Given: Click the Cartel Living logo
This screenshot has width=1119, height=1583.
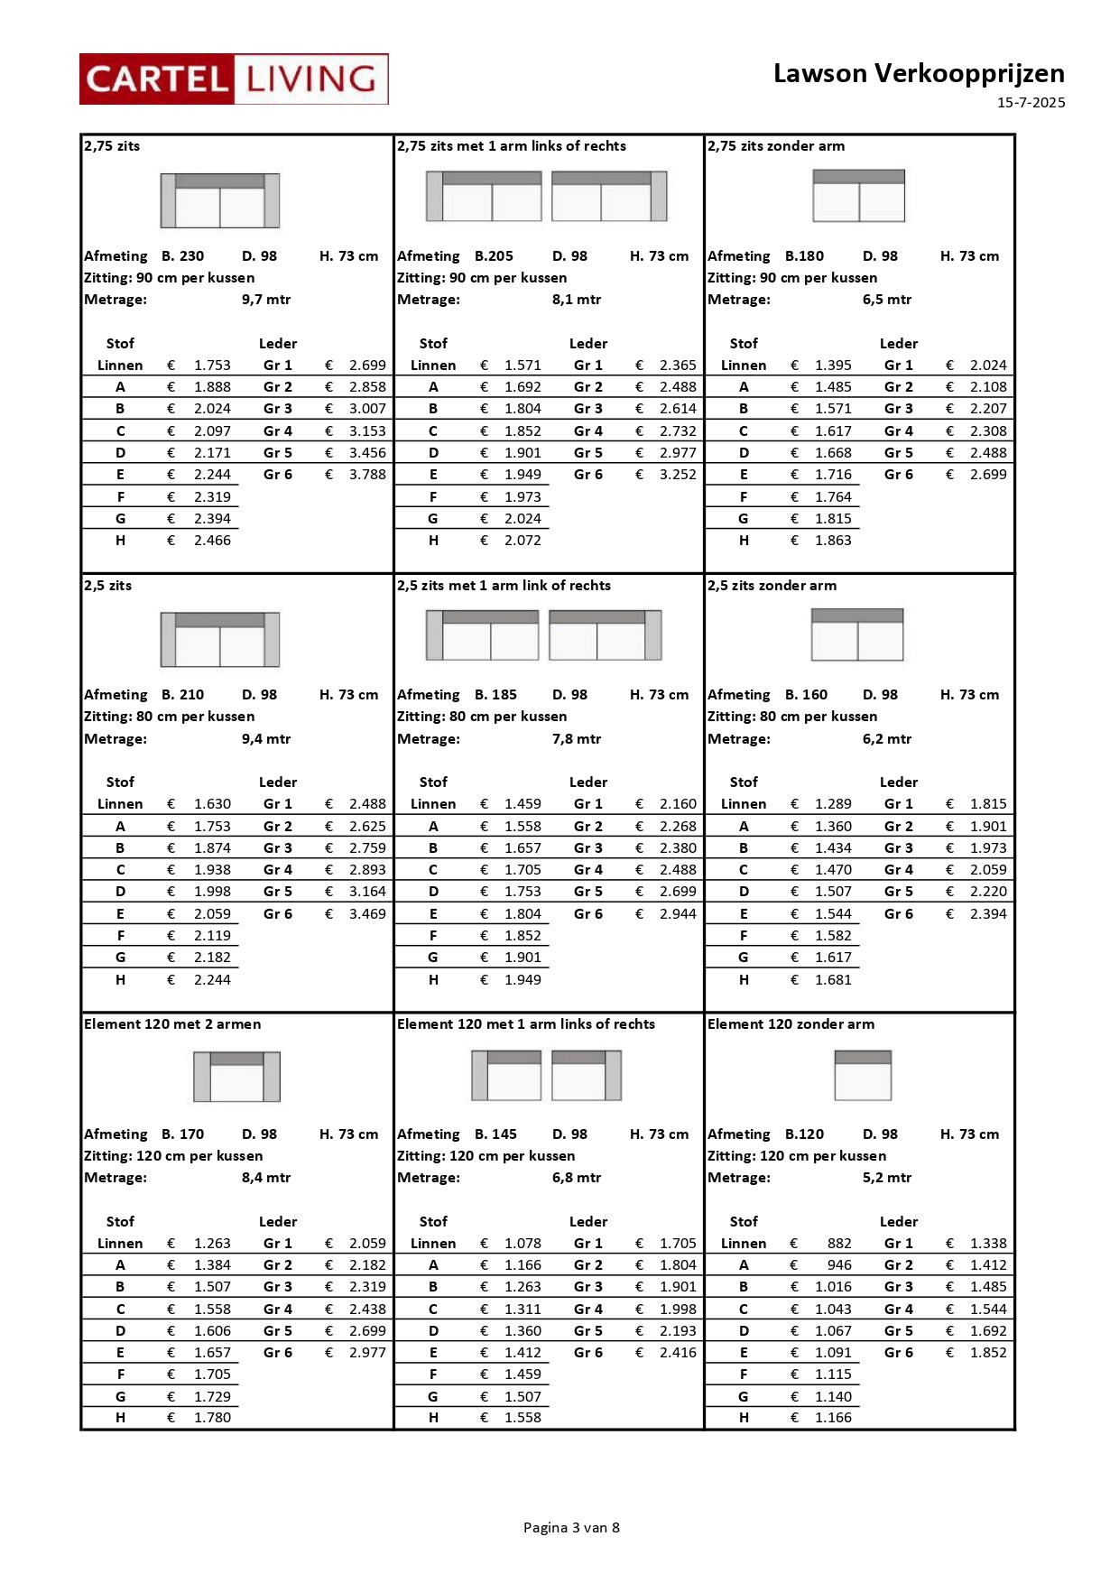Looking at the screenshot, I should click(x=234, y=79).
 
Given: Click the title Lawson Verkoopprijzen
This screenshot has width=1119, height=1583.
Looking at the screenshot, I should click(x=918, y=73).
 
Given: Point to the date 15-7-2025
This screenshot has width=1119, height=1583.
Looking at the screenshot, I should click(x=1031, y=103).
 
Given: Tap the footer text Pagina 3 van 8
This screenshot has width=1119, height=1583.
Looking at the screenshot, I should click(x=571, y=1527).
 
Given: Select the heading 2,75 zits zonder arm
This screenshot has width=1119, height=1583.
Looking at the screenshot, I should click(x=776, y=146).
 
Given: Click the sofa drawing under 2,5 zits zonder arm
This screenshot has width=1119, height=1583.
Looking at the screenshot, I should click(x=857, y=634).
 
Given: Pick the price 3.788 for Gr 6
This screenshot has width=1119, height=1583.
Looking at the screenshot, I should click(x=367, y=475).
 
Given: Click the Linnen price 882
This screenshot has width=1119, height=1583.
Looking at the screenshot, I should click(x=839, y=1244).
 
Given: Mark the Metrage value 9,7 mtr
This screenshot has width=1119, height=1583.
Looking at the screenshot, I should click(x=266, y=300).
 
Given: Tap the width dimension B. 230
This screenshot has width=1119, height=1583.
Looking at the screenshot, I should click(x=183, y=256).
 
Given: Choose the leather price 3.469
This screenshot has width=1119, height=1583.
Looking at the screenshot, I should click(x=367, y=914).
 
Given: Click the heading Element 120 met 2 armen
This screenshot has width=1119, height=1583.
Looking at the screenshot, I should click(x=172, y=1024).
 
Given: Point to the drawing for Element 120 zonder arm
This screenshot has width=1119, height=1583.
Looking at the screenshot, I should click(x=863, y=1075).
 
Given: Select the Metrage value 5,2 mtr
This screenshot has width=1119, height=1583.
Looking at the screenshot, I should click(x=887, y=1178).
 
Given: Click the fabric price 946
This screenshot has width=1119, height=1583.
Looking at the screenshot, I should click(x=839, y=1265).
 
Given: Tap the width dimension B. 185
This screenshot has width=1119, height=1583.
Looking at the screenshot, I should click(x=496, y=695).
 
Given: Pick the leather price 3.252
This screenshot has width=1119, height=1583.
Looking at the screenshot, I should click(x=678, y=475).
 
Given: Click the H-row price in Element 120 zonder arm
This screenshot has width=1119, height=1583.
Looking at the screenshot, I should click(x=833, y=1418).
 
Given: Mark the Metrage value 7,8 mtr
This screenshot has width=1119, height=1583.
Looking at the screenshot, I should click(x=577, y=739).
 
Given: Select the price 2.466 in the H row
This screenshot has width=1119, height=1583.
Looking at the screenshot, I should click(x=212, y=541).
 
